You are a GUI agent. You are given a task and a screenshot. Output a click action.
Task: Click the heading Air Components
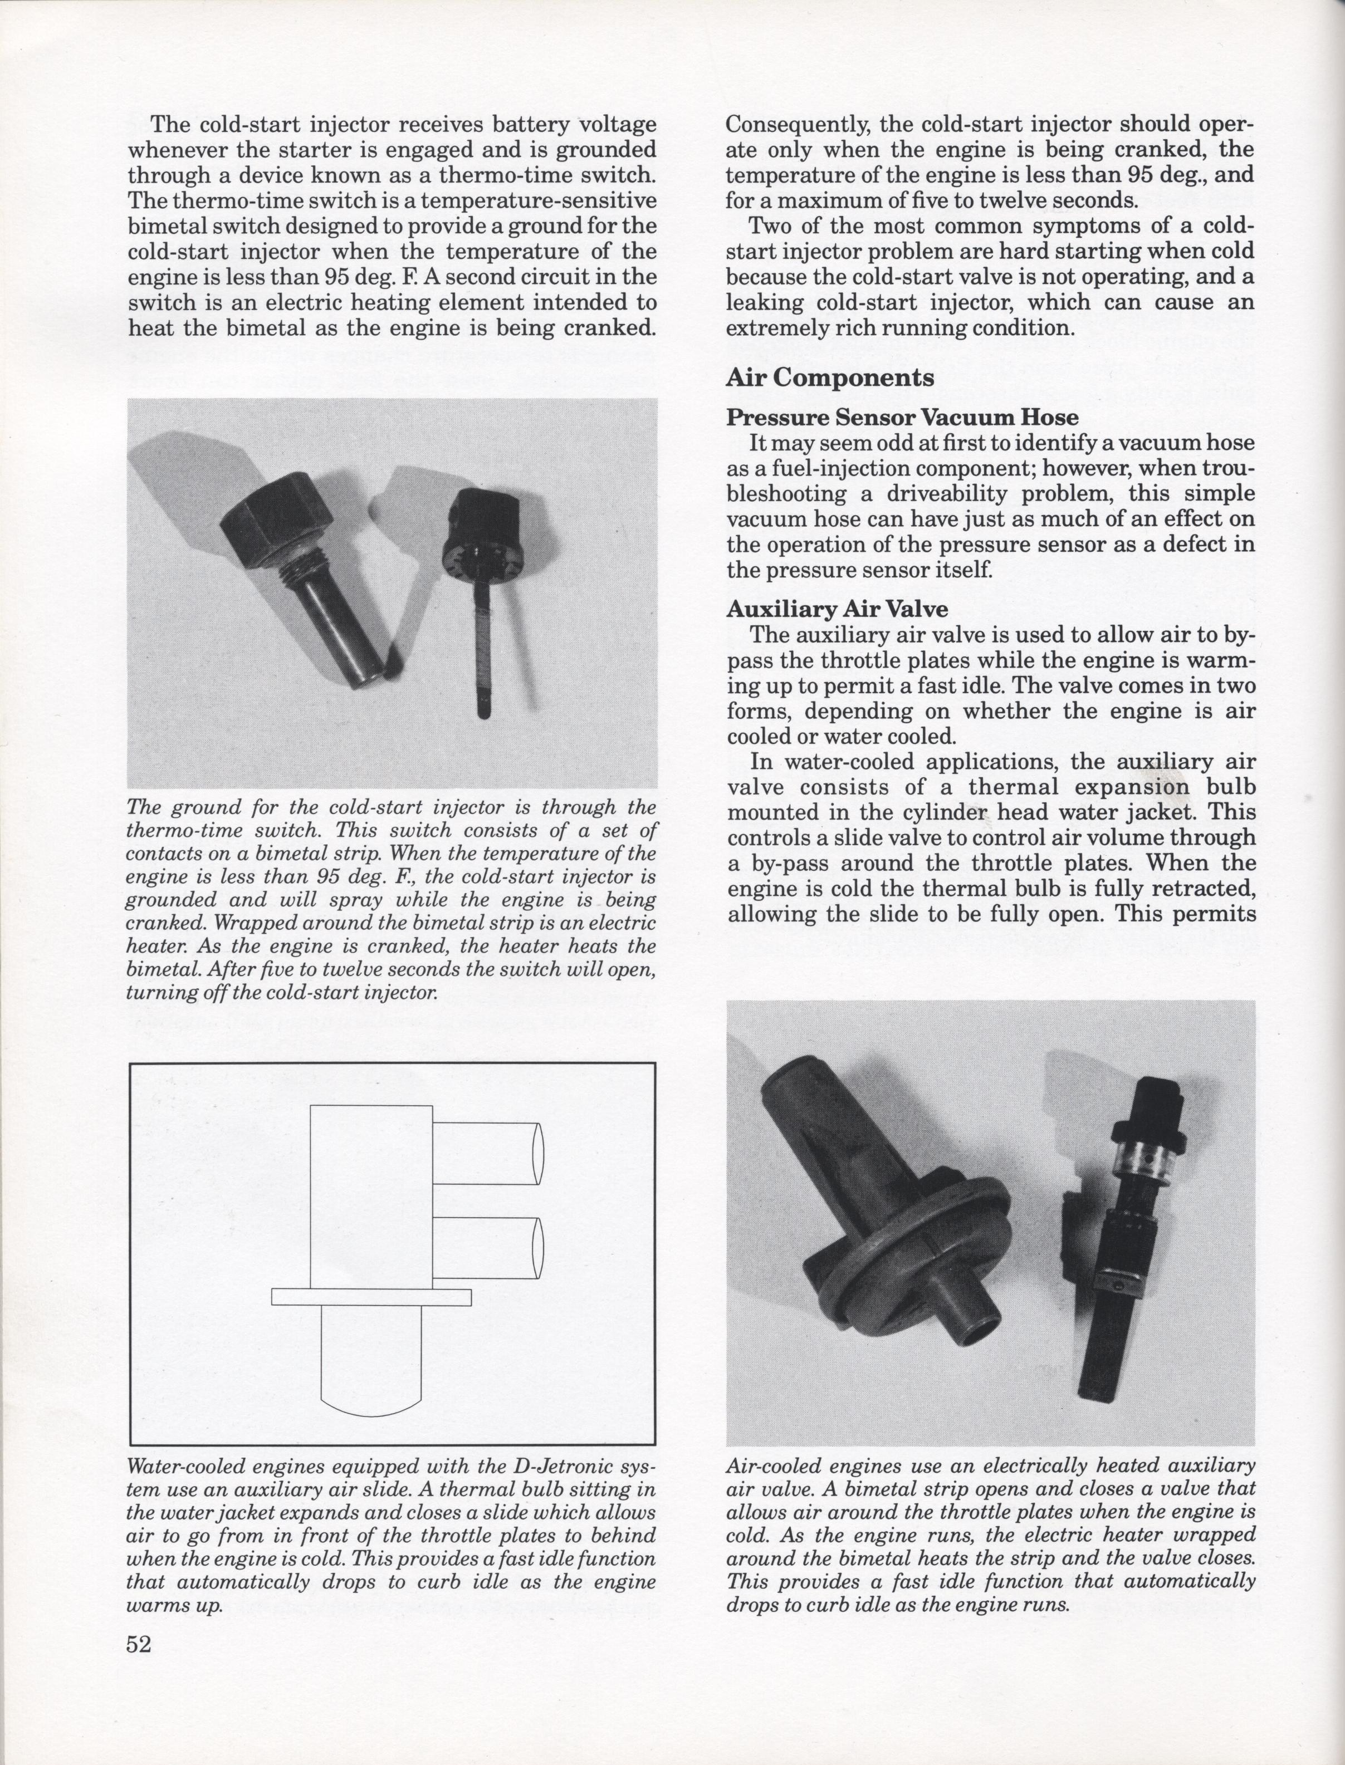pos(829,378)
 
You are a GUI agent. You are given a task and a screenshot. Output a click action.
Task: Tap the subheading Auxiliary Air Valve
pos(837,609)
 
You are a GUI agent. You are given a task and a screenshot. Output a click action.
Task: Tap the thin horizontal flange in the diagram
pos(371,1296)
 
